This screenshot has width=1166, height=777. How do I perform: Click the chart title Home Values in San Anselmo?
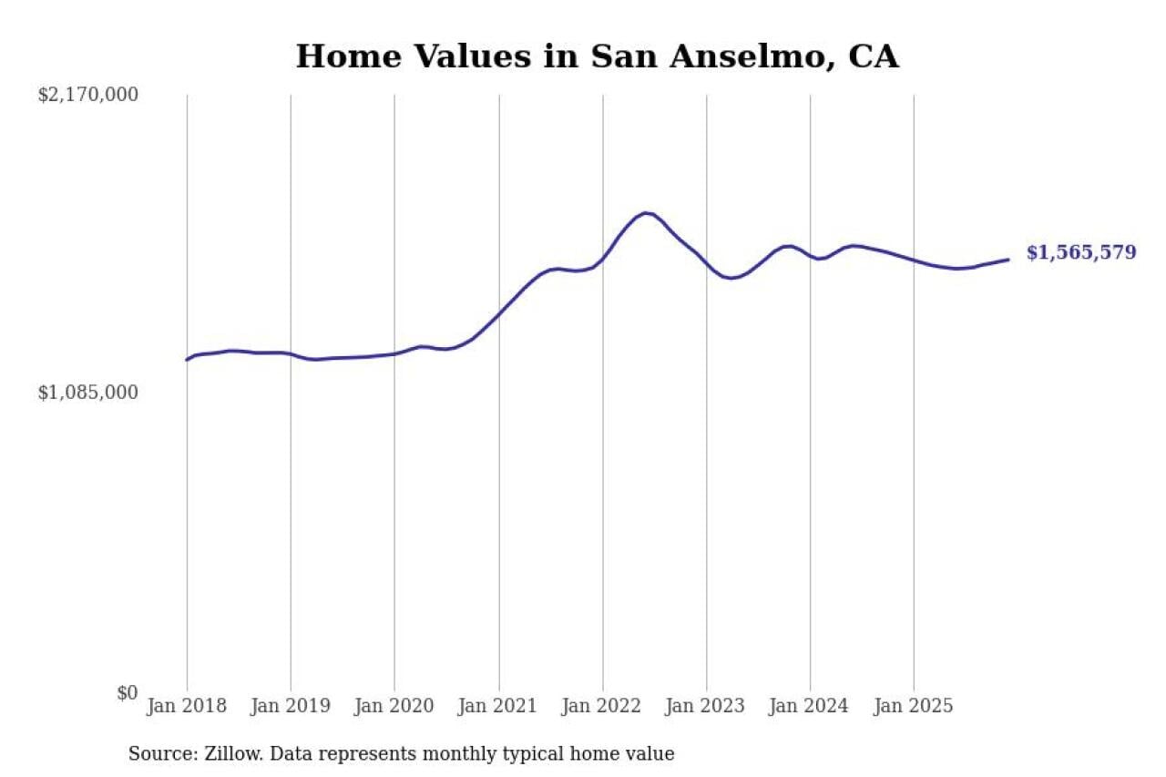point(597,56)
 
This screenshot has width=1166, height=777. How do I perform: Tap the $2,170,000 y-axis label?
point(88,94)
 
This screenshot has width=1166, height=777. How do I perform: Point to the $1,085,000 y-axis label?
point(88,393)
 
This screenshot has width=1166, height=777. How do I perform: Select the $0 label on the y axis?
point(127,693)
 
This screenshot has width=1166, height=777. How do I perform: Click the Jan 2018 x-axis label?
point(188,707)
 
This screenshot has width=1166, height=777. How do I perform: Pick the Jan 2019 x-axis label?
point(291,707)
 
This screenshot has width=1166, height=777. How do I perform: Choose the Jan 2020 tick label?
point(394,707)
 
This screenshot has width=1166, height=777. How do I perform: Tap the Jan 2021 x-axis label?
point(498,707)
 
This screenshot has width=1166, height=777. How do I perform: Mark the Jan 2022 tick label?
point(602,707)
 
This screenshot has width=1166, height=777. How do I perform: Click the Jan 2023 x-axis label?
point(706,707)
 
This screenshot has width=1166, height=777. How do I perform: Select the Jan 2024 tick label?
point(810,707)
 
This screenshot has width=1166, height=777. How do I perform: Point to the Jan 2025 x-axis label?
point(914,707)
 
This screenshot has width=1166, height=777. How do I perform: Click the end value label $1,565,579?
point(1081,253)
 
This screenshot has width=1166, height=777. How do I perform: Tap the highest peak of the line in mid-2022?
point(646,213)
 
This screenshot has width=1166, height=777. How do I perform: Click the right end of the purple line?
point(1008,260)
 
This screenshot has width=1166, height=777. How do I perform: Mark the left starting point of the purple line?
point(187,360)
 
